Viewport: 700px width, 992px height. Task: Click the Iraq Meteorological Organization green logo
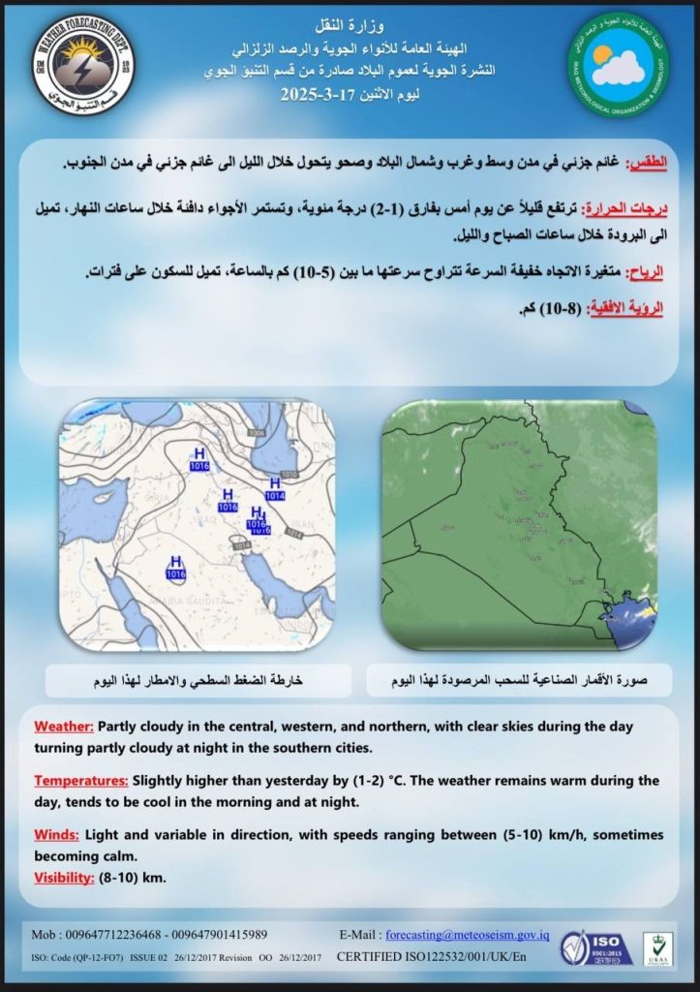pos(618,61)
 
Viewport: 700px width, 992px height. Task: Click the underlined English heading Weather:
pos(64,727)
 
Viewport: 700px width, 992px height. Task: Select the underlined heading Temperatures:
pos(80,780)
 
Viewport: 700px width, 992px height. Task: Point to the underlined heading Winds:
pos(56,834)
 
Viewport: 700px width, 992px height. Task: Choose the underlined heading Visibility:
pos(64,878)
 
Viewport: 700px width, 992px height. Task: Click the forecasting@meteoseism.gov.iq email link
pos(468,935)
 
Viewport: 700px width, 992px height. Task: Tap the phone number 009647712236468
pos(113,935)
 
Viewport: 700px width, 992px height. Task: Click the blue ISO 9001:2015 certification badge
pos(598,945)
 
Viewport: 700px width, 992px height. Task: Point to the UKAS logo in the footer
pos(659,945)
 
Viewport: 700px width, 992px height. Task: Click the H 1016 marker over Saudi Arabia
pos(175,568)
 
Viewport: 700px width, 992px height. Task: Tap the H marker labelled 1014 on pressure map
pos(275,488)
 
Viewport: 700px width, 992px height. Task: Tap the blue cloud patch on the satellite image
pos(630,612)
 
